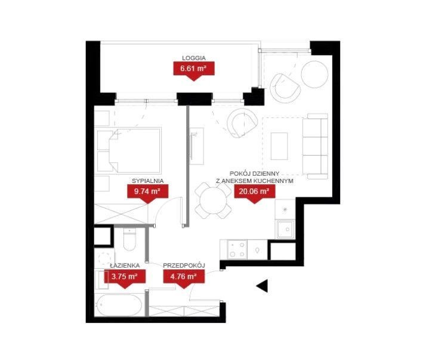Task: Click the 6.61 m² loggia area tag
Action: click(194, 70)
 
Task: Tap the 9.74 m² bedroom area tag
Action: click(147, 193)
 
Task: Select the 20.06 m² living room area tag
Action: click(254, 193)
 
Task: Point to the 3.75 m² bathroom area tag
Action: click(125, 278)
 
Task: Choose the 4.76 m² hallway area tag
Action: click(184, 278)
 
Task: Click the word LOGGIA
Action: click(194, 58)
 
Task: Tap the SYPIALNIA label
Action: click(147, 181)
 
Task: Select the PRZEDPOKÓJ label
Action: click(184, 265)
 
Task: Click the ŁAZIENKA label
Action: click(125, 265)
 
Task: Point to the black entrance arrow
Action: click(263, 285)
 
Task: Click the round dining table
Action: click(213, 200)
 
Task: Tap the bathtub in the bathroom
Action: click(119, 305)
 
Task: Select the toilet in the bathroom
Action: click(129, 238)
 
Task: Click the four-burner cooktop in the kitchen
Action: click(237, 250)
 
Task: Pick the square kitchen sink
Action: click(285, 229)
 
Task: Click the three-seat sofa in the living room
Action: click(315, 146)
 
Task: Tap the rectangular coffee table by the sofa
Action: click(279, 146)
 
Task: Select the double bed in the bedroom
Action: click(135, 150)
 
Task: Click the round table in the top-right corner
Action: click(314, 74)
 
